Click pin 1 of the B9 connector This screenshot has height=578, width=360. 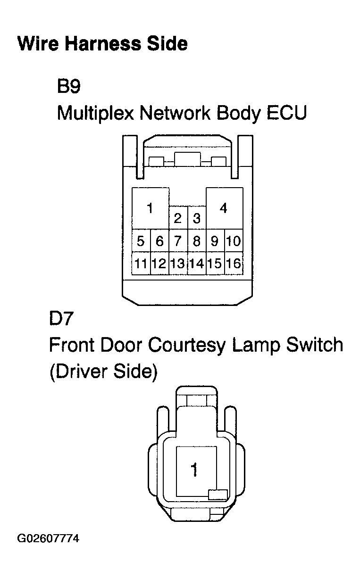click(151, 208)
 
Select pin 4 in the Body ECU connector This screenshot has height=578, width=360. click(224, 208)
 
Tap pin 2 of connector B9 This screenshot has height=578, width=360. click(178, 218)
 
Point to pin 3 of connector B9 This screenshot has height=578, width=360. click(197, 218)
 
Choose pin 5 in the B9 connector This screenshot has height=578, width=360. click(141, 241)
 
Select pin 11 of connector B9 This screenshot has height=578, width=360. click(141, 264)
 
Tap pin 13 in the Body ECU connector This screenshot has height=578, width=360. click(178, 264)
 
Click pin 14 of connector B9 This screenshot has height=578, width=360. click(197, 264)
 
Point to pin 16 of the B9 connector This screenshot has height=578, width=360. click(234, 264)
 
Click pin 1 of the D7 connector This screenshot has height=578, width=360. click(196, 471)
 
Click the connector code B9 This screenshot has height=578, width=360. click(69, 86)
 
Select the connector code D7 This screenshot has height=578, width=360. click(61, 318)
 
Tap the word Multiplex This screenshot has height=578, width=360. click(96, 114)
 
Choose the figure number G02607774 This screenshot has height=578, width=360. click(48, 537)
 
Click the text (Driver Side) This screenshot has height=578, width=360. click(103, 372)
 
